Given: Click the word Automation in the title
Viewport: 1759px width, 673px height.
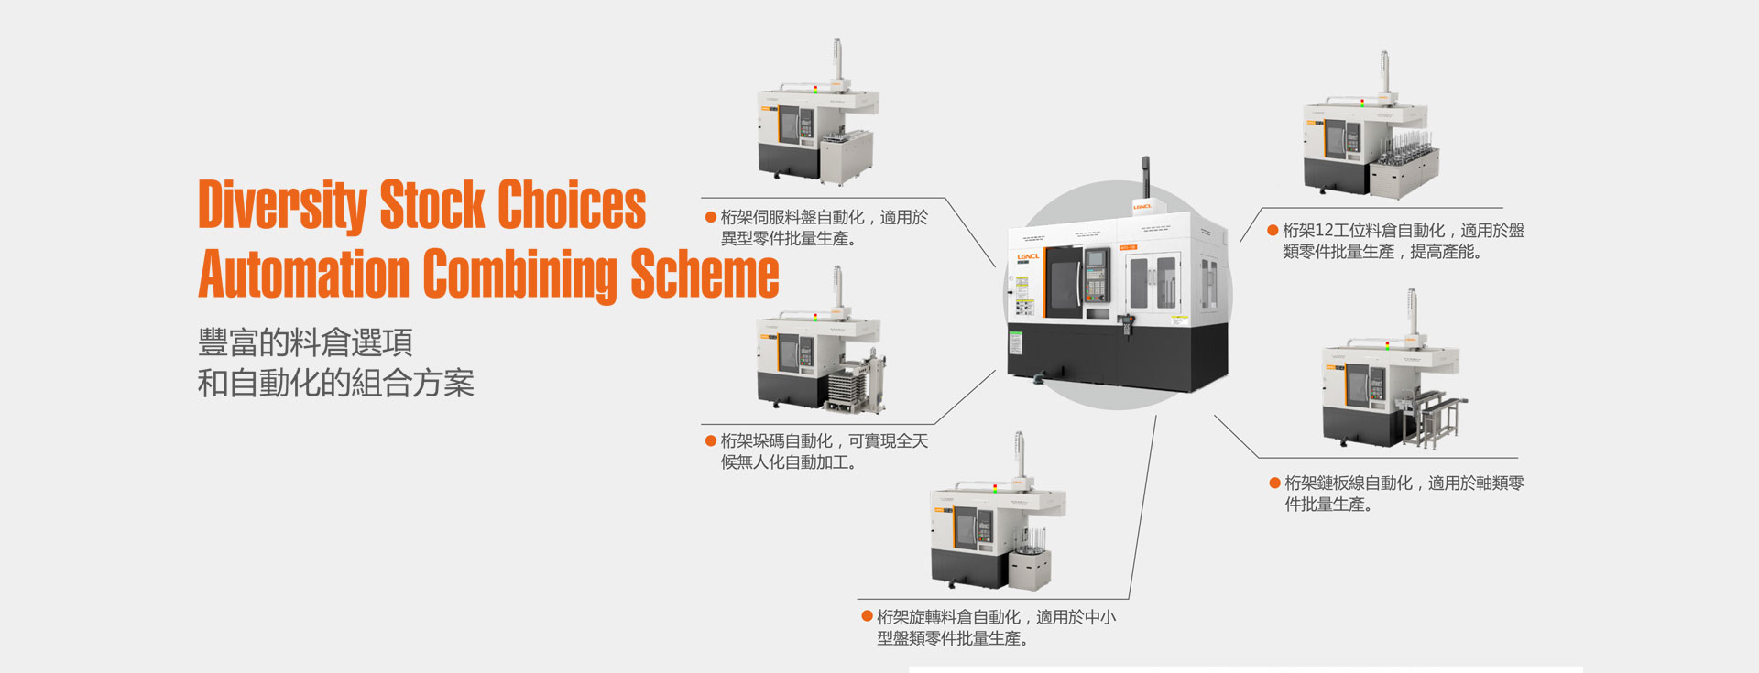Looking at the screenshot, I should tap(303, 274).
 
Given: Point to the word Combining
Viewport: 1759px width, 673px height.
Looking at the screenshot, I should tap(519, 274).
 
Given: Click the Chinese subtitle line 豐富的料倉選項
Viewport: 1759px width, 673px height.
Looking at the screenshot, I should tap(305, 342).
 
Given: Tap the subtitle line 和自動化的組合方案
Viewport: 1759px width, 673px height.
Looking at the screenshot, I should tap(335, 383).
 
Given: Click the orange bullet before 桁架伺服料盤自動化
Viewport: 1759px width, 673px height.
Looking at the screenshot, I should tap(710, 218).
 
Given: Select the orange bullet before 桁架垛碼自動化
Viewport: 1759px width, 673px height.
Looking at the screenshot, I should tap(710, 441).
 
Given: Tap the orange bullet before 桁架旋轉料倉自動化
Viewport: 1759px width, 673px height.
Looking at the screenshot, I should tap(867, 617).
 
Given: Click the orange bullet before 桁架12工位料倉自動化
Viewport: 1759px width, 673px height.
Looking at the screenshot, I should tap(1273, 231).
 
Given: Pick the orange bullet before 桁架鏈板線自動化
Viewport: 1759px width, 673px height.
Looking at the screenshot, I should tap(1274, 483).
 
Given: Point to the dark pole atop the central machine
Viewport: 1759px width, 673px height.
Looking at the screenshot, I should tap(1145, 176).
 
